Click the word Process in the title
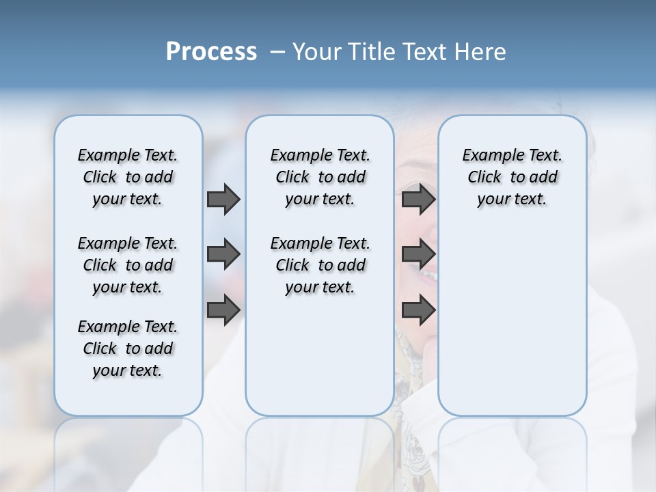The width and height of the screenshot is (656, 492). coord(211,52)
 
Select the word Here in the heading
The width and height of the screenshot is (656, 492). coord(478,52)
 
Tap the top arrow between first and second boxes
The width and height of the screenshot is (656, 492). coord(223,200)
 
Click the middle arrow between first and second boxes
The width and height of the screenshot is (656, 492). coord(223,255)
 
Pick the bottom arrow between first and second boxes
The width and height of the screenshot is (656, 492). coord(223,310)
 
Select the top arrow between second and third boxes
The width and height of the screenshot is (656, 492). coord(418,200)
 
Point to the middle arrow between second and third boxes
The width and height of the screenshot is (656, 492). coord(418,255)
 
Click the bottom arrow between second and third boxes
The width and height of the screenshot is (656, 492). coord(418,310)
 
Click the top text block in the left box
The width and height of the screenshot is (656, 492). coord(128,177)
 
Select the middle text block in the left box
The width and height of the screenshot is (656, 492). coord(128,265)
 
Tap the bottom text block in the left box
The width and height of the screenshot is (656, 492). coord(128,348)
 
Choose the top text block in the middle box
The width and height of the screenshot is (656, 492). coord(320,177)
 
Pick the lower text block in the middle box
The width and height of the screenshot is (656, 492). coord(320,265)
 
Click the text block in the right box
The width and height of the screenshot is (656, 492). coord(512,177)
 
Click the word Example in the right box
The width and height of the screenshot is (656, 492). coord(487,155)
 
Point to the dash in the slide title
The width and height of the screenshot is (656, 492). coord(277,52)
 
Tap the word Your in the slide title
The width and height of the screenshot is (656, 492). coord(317,52)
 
